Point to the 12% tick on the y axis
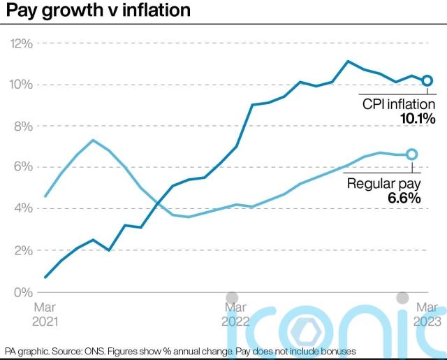20,43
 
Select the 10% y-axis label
20,85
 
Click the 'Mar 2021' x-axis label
46,314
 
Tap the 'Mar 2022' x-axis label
235,314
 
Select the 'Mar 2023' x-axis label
427,314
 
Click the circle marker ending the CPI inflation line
427,80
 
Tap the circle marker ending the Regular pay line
411,154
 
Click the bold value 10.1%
417,119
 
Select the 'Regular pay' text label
383,183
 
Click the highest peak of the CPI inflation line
348,61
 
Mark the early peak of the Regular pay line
93,140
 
